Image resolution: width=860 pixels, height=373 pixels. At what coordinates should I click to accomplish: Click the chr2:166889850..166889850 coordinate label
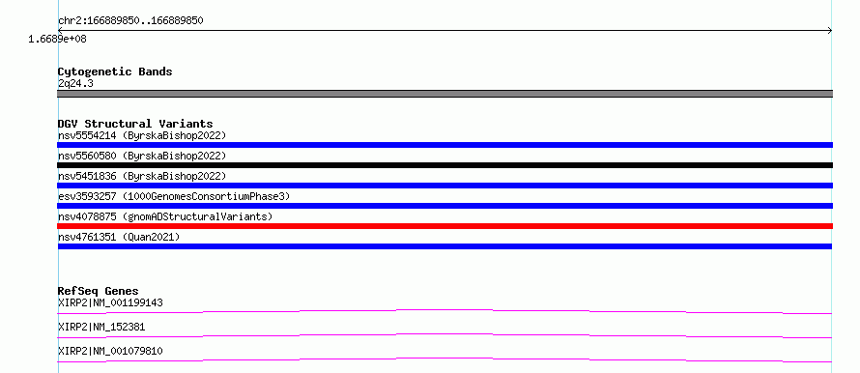130,21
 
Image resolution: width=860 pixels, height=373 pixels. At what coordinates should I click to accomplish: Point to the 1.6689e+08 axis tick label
57,39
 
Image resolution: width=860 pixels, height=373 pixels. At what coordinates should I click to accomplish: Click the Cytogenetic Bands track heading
115,72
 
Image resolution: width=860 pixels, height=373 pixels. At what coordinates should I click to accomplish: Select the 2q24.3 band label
75,83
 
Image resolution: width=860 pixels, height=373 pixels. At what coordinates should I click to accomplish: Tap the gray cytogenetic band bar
444,94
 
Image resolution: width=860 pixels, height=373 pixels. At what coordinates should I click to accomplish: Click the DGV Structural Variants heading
135,124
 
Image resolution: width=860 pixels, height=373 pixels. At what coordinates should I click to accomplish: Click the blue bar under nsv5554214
444,145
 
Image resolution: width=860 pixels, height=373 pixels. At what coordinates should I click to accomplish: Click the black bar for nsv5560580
444,165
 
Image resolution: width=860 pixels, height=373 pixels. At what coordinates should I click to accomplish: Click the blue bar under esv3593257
444,206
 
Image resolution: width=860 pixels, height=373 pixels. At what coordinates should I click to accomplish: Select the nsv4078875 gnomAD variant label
164,216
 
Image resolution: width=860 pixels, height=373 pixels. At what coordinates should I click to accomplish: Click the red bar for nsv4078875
444,226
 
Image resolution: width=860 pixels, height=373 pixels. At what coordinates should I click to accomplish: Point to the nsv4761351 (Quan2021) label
119,237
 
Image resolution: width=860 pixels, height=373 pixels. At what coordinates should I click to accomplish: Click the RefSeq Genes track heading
98,291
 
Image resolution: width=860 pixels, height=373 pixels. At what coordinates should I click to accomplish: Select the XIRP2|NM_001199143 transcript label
110,302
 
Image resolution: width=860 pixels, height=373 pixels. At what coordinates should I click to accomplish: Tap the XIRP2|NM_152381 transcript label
100,327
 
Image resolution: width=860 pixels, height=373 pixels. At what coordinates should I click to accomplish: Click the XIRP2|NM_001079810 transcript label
110,351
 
